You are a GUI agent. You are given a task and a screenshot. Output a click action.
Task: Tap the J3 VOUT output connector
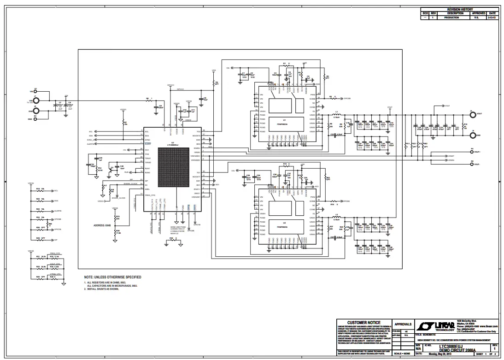coord(472,114)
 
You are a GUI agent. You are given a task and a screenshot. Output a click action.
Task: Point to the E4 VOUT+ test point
coord(472,152)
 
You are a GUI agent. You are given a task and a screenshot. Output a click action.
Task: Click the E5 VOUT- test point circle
coord(472,164)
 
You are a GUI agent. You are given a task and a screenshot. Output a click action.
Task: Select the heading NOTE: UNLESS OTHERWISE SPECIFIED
coord(112,277)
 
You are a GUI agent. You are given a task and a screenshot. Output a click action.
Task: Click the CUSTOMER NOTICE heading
coord(363,323)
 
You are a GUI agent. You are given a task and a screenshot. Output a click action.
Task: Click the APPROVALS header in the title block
coord(402,324)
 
